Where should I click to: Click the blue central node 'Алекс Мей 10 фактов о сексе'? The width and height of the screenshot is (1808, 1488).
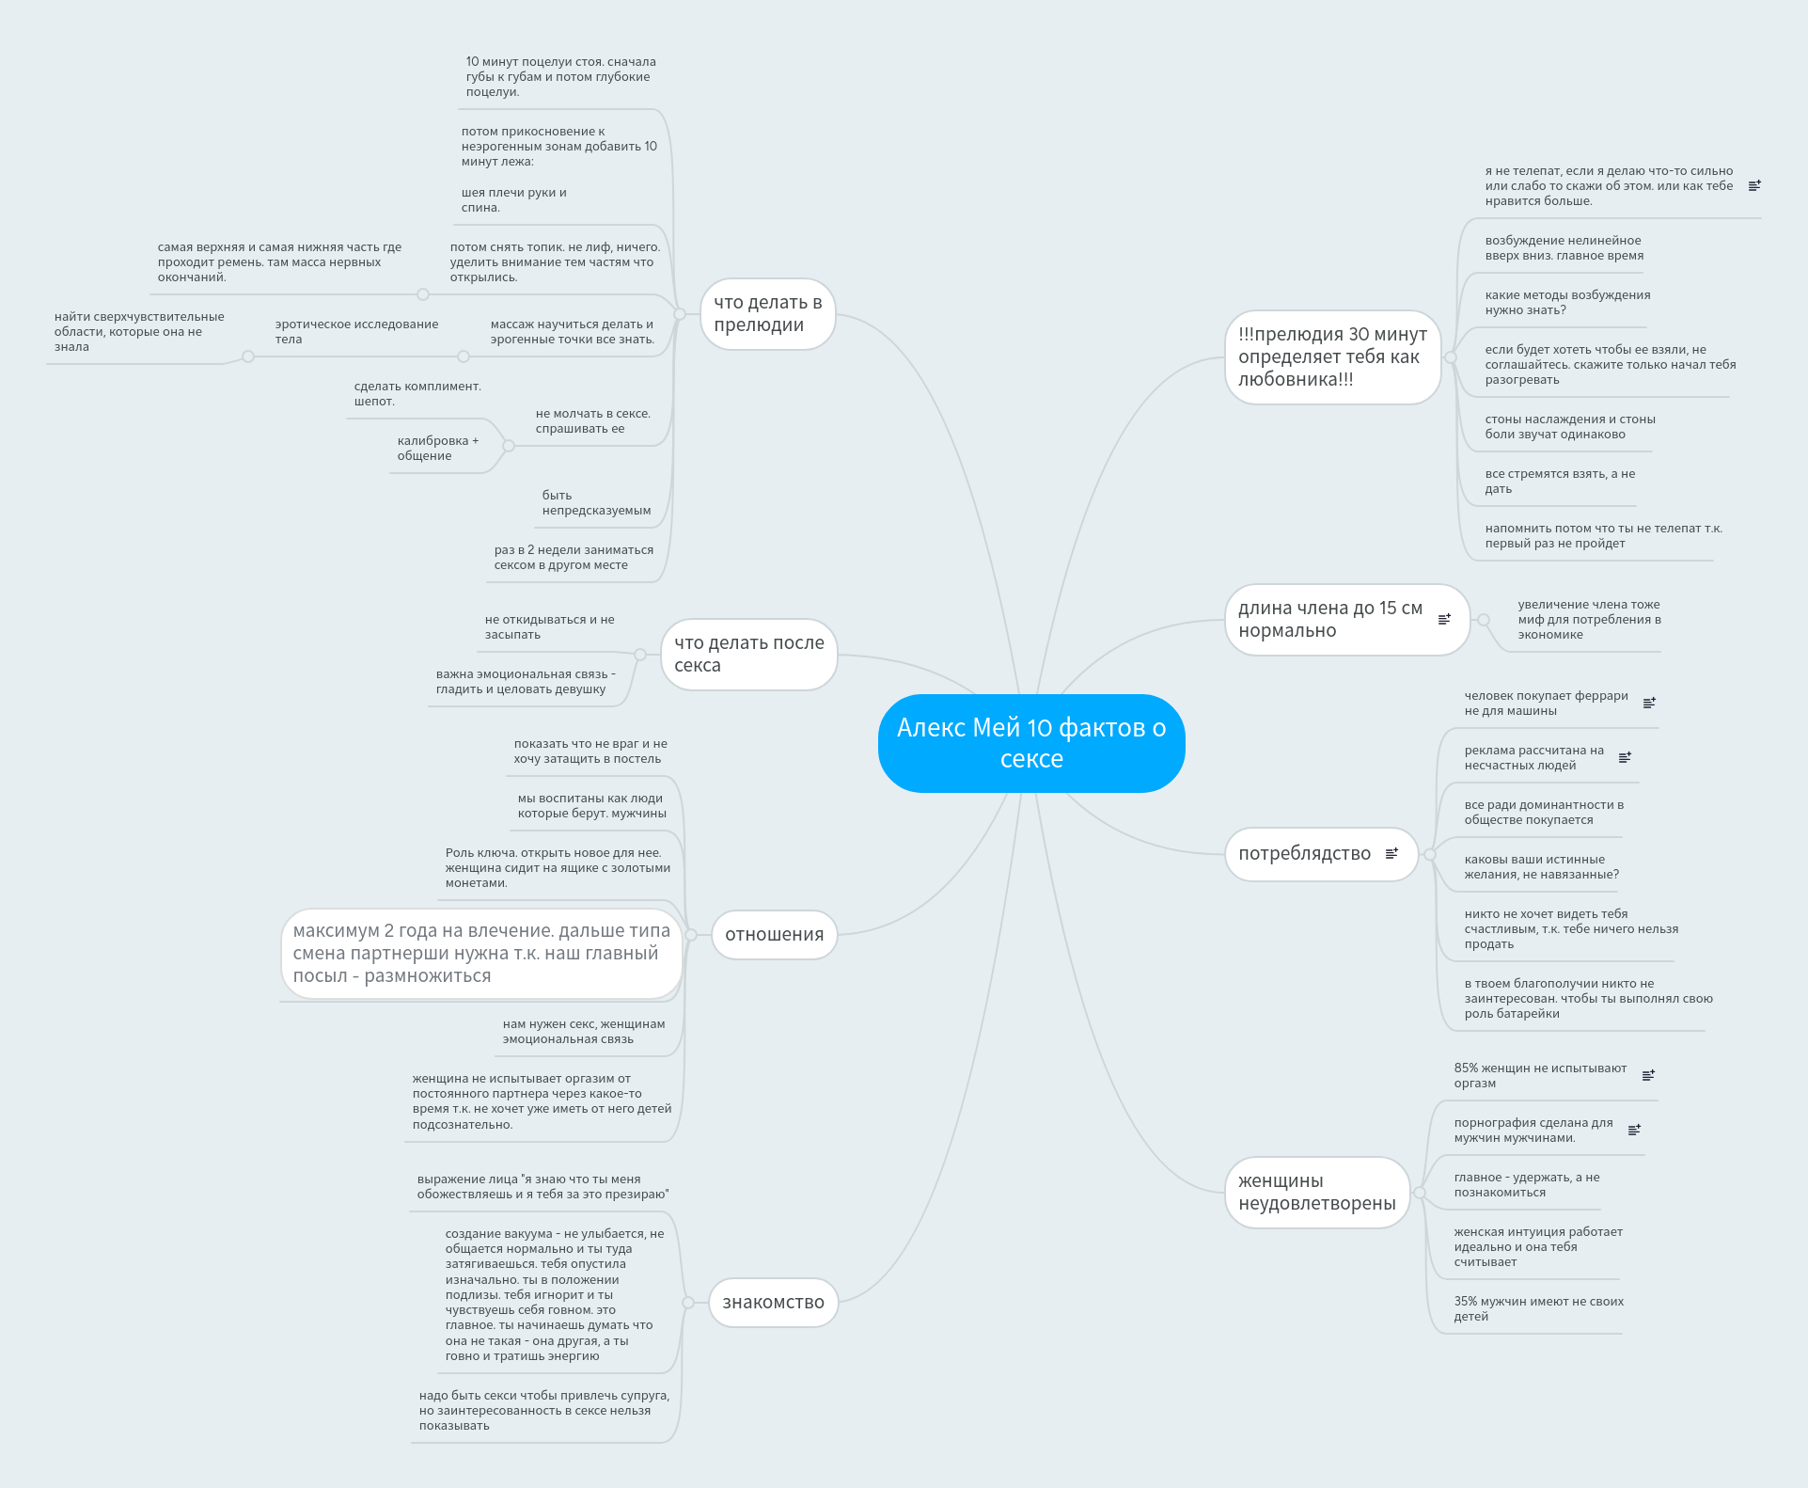1030,743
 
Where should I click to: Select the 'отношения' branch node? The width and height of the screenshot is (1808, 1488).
774,935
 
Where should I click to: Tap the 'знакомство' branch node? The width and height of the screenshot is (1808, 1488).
773,1303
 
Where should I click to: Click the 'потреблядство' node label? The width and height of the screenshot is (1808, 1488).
1304,854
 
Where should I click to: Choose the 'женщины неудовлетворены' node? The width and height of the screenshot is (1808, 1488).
1316,1193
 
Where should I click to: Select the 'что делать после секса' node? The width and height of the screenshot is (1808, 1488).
748,655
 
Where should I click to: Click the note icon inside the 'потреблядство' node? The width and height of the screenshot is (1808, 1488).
1391,853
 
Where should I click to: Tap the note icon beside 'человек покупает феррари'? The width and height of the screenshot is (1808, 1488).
1649,703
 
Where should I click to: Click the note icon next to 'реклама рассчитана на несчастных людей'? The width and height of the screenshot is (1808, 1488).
1625,757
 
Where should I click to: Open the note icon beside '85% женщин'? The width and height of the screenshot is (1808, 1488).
1648,1075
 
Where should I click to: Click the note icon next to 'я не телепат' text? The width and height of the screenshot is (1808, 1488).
1754,185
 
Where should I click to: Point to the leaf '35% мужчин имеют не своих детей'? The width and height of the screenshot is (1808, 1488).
1538,1309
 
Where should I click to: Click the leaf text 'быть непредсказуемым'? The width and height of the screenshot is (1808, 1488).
596,503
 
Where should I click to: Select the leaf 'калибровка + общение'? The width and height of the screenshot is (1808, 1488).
437,449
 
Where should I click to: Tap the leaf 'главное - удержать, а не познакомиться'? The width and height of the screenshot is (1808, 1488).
1526,1185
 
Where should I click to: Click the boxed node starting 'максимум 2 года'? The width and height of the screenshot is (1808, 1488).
481,954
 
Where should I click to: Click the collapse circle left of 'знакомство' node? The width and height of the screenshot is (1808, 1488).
688,1303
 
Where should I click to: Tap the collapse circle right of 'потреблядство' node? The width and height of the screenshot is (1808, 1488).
1430,854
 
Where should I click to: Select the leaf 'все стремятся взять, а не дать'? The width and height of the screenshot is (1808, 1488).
1560,482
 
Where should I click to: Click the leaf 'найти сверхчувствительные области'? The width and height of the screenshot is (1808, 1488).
139,332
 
